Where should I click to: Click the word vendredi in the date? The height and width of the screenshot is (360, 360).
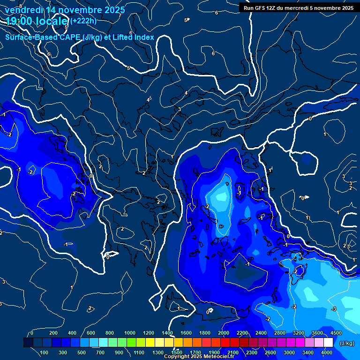point(23,10)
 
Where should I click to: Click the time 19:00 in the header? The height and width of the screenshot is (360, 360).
point(20,21)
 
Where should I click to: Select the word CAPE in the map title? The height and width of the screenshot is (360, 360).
point(70,37)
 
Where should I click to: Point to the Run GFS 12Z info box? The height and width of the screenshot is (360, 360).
point(299,8)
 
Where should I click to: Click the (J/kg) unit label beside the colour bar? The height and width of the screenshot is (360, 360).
point(346,343)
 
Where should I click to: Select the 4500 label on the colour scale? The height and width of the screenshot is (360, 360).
point(336,333)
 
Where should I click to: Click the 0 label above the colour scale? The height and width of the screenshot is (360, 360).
point(32,333)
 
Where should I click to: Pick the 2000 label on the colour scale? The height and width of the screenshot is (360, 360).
point(224,333)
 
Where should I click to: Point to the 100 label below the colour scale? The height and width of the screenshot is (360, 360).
point(45,352)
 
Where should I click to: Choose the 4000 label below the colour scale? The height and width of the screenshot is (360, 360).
point(327,352)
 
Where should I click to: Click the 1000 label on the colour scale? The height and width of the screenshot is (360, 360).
point(130,333)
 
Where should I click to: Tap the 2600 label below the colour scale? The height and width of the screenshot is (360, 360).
point(270,352)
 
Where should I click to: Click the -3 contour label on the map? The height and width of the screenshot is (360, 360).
point(334,308)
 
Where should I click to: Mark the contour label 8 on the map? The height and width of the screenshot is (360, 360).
point(21,6)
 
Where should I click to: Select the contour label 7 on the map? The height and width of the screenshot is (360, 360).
point(120,16)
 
